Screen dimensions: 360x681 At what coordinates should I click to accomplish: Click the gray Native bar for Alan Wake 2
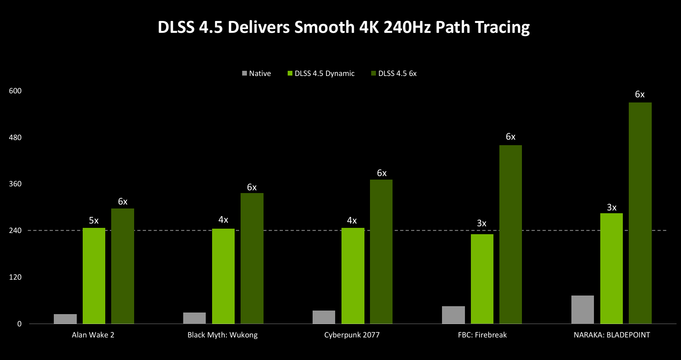point(65,319)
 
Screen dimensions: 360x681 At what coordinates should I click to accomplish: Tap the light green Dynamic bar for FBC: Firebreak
point(482,279)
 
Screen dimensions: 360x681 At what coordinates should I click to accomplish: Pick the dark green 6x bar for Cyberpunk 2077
point(381,252)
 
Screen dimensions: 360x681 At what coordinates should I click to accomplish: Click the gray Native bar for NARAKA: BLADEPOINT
point(582,309)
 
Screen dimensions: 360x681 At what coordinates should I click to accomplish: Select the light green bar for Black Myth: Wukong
point(223,276)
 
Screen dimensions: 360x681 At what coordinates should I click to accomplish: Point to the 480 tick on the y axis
point(15,137)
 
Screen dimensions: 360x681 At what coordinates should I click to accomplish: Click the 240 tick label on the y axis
point(15,230)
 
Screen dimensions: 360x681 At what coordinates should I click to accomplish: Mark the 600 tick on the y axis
point(15,91)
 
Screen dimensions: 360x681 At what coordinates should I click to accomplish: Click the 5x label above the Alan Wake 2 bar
point(94,220)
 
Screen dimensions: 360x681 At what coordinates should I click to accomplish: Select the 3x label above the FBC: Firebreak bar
point(482,223)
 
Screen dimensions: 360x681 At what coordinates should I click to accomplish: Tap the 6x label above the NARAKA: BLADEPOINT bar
point(640,94)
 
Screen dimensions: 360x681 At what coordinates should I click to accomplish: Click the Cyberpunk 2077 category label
point(352,335)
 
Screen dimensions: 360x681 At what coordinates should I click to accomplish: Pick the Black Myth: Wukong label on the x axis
point(222,335)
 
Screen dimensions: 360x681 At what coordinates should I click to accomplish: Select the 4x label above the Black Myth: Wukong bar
point(223,220)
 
